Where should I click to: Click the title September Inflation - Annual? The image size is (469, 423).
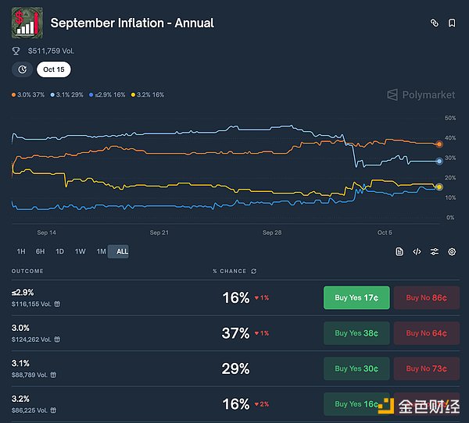132,23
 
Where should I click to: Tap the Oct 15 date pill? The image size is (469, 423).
53,69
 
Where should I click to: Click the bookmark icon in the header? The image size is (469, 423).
452,23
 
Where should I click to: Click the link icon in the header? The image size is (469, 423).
435,23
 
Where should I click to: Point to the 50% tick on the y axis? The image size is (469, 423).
450,118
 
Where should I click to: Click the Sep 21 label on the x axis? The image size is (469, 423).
159,233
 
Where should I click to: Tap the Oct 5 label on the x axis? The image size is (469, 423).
385,233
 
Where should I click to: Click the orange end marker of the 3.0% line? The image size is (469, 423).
439,144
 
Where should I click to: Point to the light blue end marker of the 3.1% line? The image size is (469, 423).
439,162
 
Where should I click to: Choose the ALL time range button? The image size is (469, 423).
122,251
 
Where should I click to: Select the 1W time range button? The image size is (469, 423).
80,251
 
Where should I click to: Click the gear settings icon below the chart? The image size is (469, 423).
451,251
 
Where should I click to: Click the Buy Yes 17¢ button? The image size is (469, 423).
356,297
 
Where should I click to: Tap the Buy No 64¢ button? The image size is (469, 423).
426,333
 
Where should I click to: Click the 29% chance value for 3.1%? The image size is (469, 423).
235,368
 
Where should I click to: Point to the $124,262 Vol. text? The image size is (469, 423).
32,339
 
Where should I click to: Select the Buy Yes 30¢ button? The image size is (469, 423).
356,368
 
